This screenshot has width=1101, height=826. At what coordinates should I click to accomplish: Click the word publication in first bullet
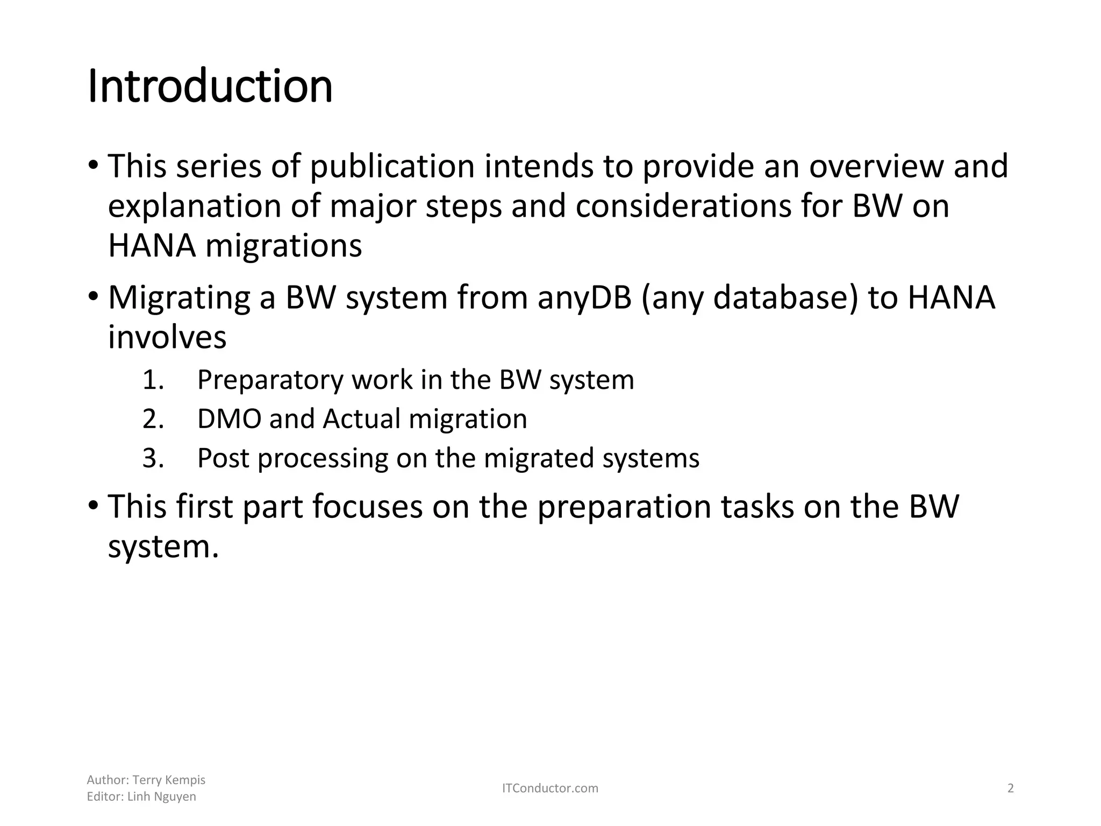[392, 166]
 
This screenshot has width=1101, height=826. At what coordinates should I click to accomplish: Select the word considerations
[683, 206]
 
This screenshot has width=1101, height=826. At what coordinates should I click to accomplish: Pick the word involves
[167, 338]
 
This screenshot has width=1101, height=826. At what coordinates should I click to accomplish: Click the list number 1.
[153, 380]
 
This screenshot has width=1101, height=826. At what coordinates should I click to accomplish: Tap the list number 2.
[153, 419]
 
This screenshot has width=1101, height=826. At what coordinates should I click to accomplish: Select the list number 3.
[153, 458]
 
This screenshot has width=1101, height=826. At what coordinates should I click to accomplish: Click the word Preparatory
[270, 380]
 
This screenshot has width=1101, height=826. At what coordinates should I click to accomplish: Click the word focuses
[367, 507]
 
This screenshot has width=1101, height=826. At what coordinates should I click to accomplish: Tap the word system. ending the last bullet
[163, 547]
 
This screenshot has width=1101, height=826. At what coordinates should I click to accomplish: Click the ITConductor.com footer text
[550, 788]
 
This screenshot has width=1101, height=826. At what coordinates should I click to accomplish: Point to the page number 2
[1010, 788]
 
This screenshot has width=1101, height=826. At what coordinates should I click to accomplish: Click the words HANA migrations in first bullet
[235, 246]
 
